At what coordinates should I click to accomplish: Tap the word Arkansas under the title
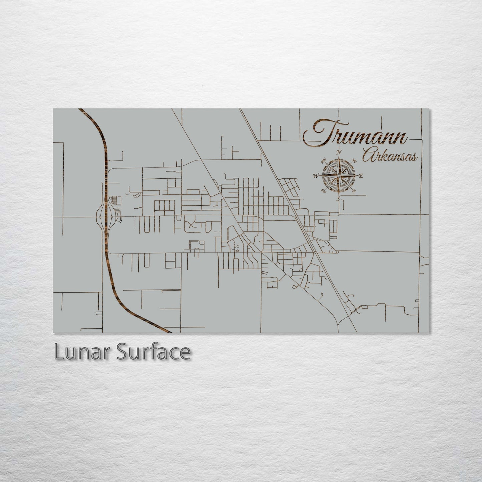point(389,155)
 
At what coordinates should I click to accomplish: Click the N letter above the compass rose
point(339,152)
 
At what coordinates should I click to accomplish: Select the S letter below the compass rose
point(338,199)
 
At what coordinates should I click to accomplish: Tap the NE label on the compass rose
point(354,161)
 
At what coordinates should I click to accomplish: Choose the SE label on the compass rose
point(354,190)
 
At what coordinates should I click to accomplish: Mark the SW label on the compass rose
point(323,190)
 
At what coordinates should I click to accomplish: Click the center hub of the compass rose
point(338,175)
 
